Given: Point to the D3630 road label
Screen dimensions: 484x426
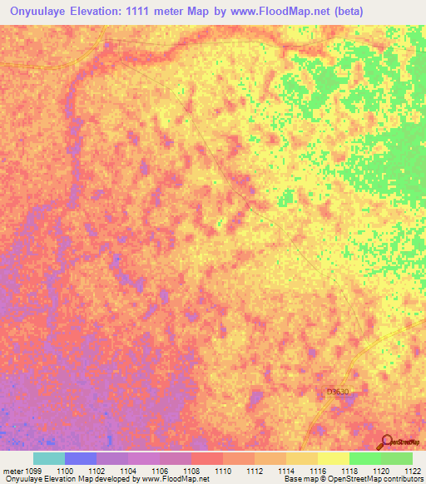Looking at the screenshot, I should point(338,391).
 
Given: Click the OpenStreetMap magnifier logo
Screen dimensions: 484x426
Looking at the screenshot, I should point(387,442).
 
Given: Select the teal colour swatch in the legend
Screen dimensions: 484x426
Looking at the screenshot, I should point(49,458).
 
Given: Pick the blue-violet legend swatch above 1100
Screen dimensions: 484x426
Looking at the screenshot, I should point(81,458).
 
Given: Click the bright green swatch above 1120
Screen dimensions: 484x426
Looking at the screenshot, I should point(365,458).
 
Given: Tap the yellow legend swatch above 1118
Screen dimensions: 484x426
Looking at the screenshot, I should point(334,458).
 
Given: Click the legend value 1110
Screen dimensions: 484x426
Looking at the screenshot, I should point(223,470).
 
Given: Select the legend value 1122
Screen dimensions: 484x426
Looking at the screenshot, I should point(412,470).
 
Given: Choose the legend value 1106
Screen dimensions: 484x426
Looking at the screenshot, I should point(160,470).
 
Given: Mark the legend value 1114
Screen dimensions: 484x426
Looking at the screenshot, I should point(286,470).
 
